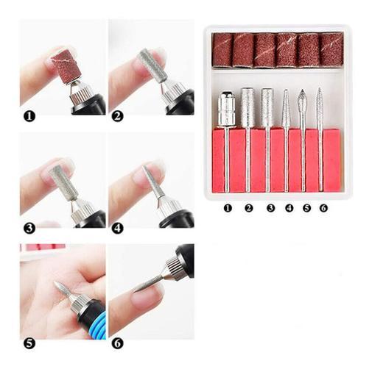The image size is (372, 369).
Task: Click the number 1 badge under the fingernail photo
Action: coord(29,116)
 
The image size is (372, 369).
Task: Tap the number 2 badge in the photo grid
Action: coord(117,116)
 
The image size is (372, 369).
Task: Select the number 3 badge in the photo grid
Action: coord(29,228)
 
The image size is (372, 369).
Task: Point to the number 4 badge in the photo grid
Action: coord(117,228)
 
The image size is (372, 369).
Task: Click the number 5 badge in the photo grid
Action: coord(29,343)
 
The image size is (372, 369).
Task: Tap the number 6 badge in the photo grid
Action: coord(117,343)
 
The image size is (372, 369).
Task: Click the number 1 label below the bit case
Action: coord(228,208)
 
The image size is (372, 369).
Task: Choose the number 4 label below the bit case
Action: coord(289,208)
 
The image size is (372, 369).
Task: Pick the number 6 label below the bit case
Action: coord(323,208)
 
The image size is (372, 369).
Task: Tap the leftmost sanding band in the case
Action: coord(222,50)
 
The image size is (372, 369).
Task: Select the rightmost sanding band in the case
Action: coord(331,50)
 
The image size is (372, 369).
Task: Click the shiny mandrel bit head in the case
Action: coord(226,109)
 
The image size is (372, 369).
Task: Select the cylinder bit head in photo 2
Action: coord(153,65)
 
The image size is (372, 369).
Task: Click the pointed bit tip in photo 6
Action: coord(136,290)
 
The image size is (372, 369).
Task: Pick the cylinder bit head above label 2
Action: coord(248,107)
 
